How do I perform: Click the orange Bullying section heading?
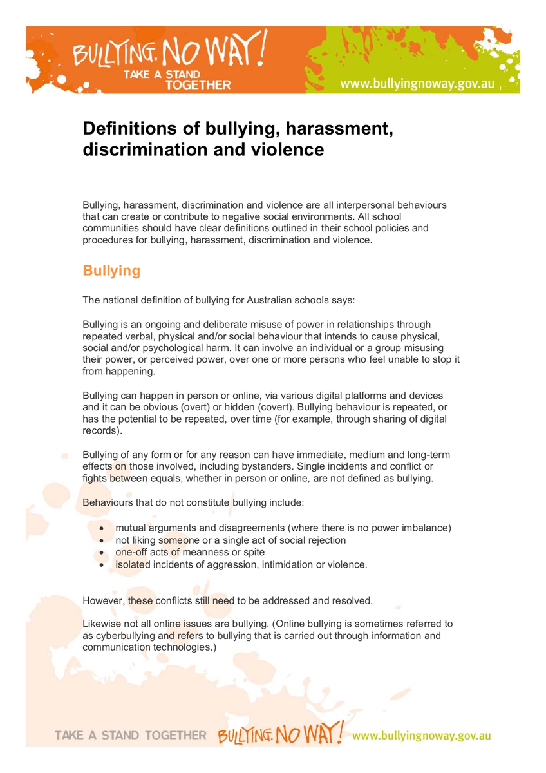click(111, 271)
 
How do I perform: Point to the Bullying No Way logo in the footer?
click(285, 734)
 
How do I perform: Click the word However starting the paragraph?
click(104, 601)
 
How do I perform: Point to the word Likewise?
click(103, 624)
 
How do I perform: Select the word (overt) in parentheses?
click(211, 407)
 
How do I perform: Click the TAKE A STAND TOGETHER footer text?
click(131, 735)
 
